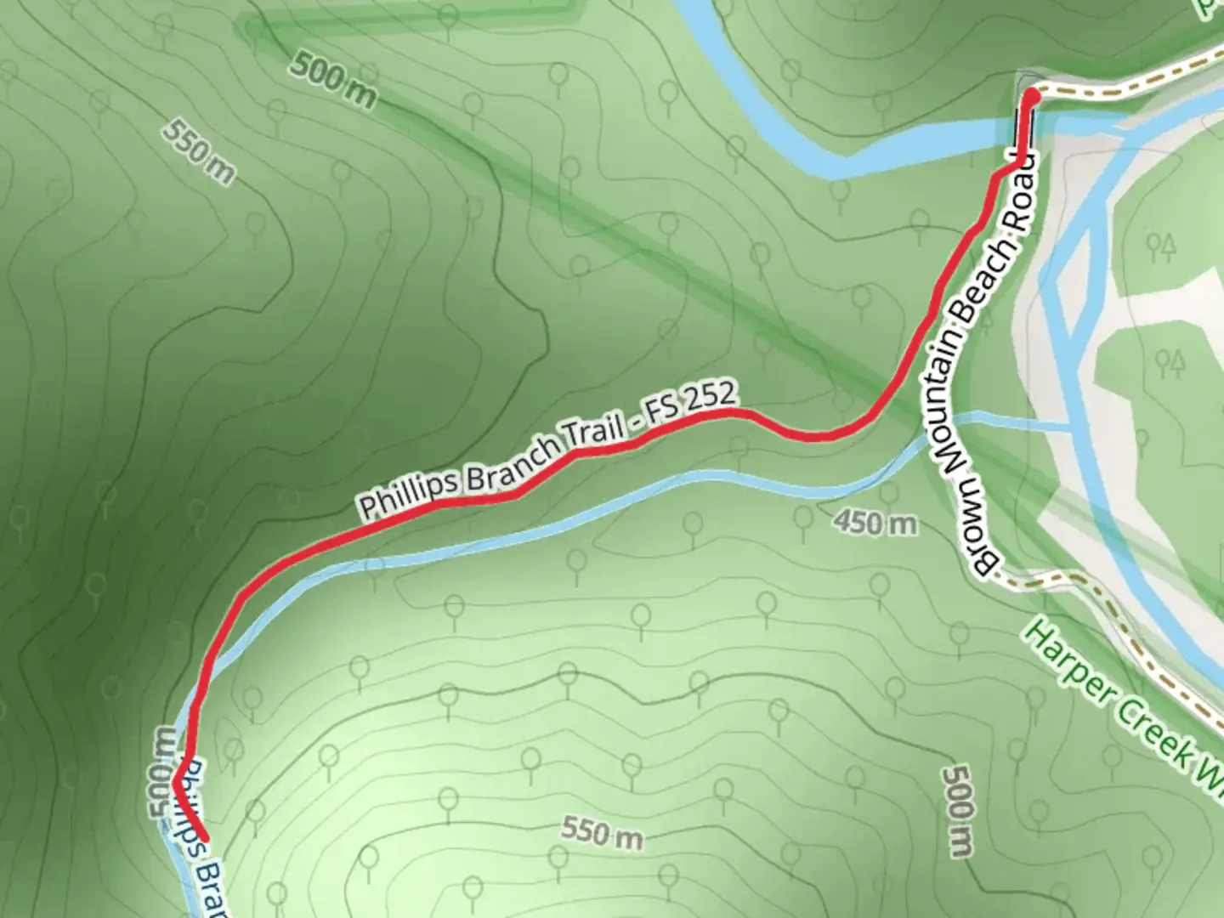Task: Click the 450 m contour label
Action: click(875, 522)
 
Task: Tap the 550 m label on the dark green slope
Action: click(198, 152)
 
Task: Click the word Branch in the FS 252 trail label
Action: click(507, 464)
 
